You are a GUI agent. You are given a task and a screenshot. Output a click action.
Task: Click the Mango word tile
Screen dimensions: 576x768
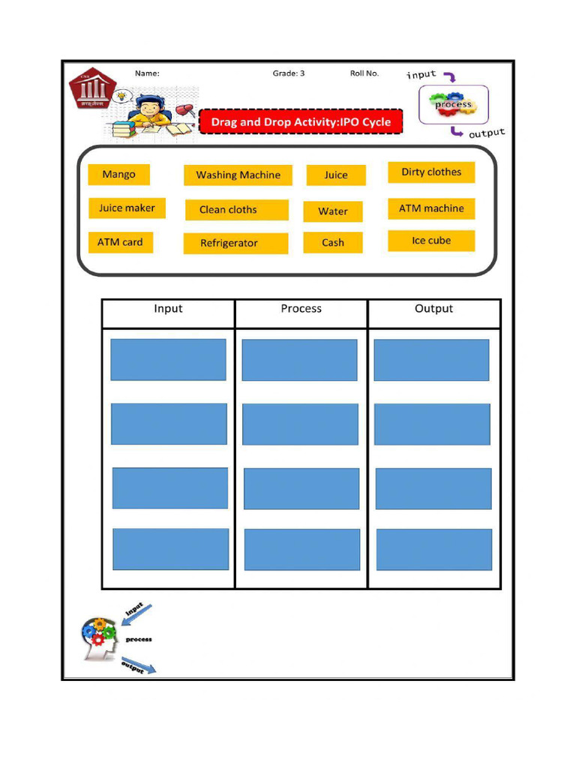click(x=118, y=175)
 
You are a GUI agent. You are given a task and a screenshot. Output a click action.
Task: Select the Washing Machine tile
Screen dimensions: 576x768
click(x=238, y=175)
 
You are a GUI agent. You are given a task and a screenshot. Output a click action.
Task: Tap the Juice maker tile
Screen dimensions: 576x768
click(x=127, y=208)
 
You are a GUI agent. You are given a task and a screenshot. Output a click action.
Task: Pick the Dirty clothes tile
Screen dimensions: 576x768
click(x=431, y=172)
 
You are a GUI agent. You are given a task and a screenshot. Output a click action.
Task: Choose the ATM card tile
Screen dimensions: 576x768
click(x=120, y=242)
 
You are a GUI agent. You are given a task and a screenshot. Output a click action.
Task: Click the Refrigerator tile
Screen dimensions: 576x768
click(x=235, y=244)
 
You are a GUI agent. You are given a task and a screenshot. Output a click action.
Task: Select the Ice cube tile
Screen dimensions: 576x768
click(x=431, y=241)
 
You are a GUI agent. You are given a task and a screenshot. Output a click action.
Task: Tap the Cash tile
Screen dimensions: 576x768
click(x=333, y=243)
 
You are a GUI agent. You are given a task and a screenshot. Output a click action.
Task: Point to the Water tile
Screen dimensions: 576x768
click(x=333, y=211)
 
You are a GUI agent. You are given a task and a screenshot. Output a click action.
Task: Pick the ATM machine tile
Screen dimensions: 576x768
click(x=431, y=208)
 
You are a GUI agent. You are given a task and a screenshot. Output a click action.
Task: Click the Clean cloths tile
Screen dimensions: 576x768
click(x=236, y=210)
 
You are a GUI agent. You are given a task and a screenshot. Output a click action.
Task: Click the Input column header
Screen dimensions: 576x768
click(x=168, y=309)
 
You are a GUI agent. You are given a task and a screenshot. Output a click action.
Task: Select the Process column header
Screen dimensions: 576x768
click(x=301, y=309)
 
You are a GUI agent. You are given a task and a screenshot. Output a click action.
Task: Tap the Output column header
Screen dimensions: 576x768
click(x=433, y=309)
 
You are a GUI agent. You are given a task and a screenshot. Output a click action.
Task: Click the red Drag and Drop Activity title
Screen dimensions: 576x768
click(x=301, y=122)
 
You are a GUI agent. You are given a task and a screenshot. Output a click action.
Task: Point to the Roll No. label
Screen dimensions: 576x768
click(x=364, y=73)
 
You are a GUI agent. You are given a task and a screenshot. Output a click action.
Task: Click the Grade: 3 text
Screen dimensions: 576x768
click(x=289, y=73)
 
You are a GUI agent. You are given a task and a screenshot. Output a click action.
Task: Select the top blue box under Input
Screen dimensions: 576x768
click(x=168, y=360)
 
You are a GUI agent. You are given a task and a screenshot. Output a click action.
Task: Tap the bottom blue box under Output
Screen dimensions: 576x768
click(x=434, y=550)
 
